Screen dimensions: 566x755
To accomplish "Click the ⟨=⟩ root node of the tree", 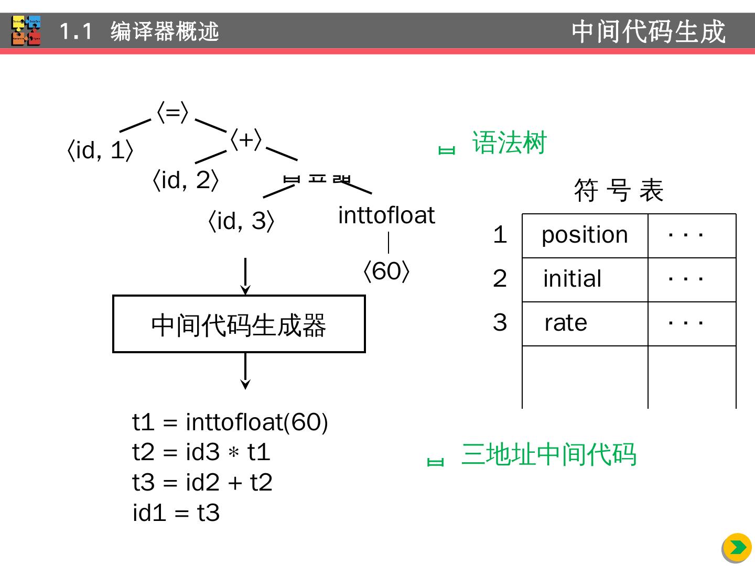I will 172,113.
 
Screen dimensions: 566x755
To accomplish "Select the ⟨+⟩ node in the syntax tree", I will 246,140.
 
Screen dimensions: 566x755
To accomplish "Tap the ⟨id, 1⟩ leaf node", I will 100,151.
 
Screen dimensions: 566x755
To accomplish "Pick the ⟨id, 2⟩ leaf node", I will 185,180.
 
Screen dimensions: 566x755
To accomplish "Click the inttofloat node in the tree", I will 386,215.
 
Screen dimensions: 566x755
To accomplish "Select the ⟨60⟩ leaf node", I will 386,271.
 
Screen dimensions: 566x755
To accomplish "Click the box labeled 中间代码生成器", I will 239,324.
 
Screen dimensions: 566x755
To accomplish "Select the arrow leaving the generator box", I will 245,371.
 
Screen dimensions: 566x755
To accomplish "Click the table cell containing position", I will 585,235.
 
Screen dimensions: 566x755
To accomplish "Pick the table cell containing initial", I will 585,279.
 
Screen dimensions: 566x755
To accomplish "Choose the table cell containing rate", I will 585,323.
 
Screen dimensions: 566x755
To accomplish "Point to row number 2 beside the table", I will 500,279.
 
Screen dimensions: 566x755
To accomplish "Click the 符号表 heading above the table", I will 619,190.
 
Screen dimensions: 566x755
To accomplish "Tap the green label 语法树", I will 509,143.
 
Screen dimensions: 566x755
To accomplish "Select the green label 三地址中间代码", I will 548,454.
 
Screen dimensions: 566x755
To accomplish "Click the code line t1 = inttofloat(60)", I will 230,422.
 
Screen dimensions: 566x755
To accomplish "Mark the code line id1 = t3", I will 176,513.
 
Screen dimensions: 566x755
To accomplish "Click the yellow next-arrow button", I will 737,548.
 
